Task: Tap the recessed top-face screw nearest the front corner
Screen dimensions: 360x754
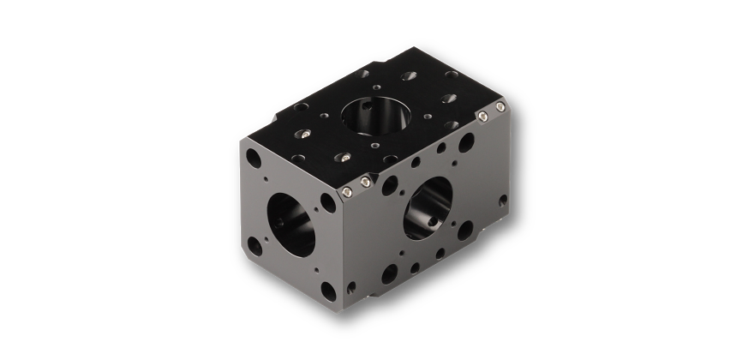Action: pyautogui.click(x=342, y=158)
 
